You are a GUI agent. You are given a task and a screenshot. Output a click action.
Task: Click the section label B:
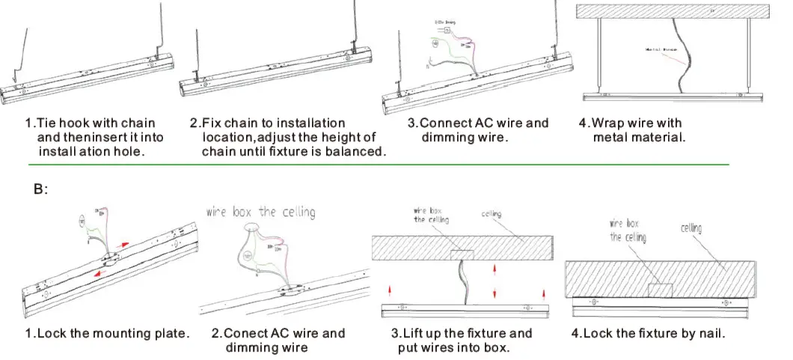point(40,190)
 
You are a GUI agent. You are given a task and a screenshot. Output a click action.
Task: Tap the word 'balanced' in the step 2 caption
point(352,151)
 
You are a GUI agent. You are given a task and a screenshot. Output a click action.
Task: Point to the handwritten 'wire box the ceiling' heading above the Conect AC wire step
point(260,213)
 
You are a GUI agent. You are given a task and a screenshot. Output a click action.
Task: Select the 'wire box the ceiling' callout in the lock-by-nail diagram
point(628,230)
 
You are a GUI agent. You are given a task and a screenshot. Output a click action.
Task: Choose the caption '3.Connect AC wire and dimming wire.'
point(479,129)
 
